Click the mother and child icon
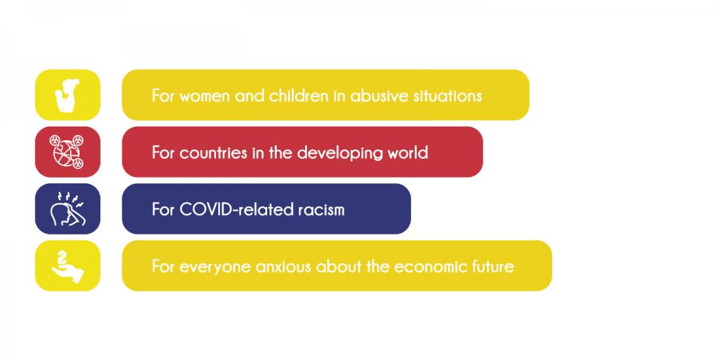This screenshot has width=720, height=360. [x=67, y=95]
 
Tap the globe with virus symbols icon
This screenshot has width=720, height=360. [x=67, y=152]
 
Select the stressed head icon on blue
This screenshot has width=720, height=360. [x=67, y=209]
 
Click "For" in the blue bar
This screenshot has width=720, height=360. [x=163, y=210]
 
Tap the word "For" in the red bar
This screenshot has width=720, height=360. [x=163, y=152]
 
